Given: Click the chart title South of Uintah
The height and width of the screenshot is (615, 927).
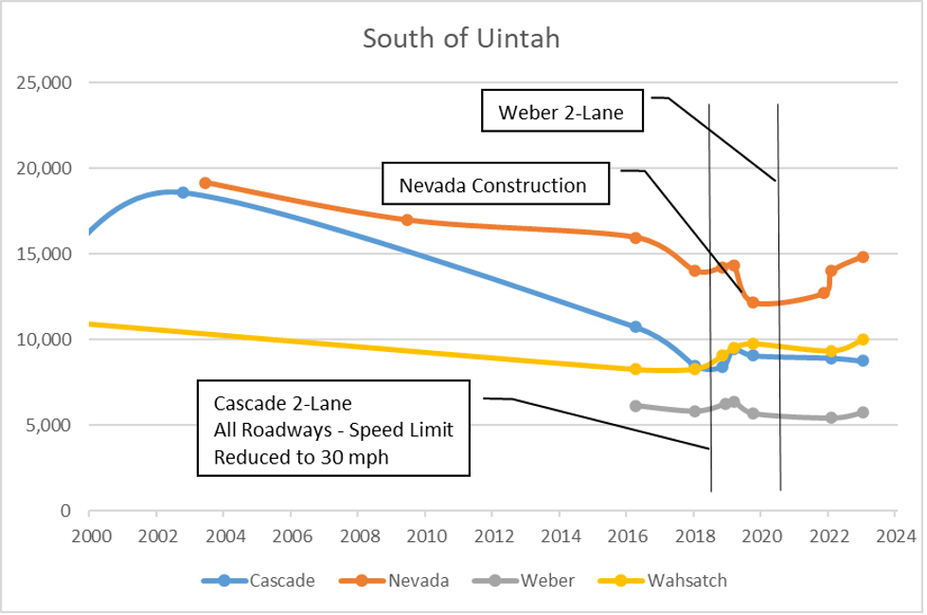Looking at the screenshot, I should [x=461, y=39].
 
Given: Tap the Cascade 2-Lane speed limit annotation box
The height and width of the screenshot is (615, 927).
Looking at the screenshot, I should [x=333, y=429].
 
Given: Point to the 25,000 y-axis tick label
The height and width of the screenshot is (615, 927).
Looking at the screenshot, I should [x=45, y=82].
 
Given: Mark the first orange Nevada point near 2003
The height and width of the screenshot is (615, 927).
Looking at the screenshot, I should [x=205, y=183].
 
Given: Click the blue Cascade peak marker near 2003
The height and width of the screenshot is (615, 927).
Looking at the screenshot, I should [x=183, y=192].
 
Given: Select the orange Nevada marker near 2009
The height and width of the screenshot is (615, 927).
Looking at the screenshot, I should [x=407, y=220].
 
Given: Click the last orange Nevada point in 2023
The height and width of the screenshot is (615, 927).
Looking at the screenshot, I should [x=863, y=256].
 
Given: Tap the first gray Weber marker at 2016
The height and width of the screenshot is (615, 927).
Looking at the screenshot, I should [x=635, y=406].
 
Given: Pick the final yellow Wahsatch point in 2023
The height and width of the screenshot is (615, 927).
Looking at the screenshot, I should [x=863, y=339].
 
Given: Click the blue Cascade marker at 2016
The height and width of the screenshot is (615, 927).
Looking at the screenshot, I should [x=635, y=326].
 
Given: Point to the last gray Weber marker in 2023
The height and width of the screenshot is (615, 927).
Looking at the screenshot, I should [x=863, y=413].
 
